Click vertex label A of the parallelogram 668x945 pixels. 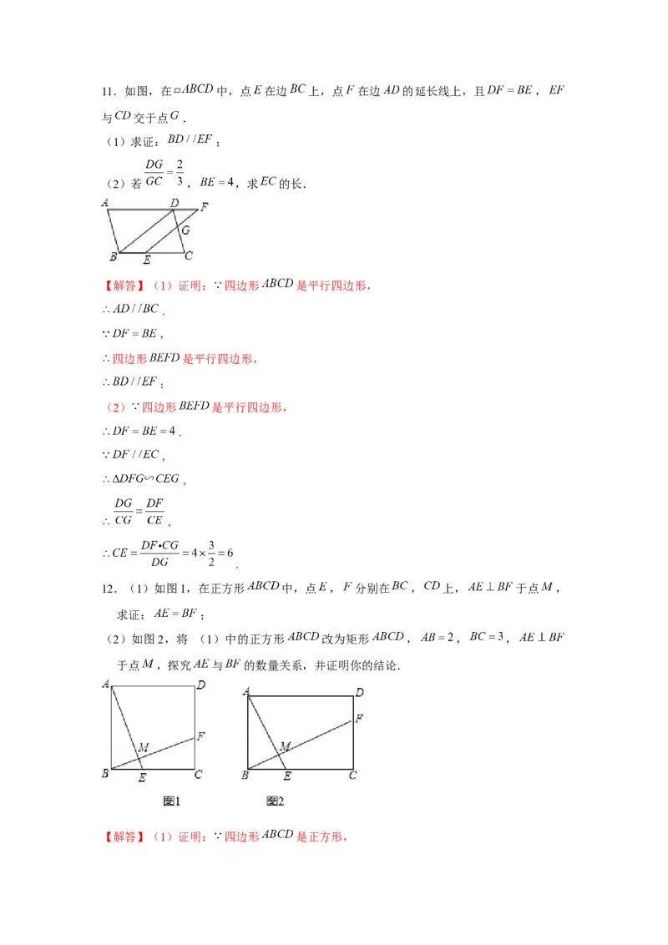click(x=106, y=201)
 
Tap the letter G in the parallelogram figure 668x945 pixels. click(x=185, y=229)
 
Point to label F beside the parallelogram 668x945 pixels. click(x=205, y=205)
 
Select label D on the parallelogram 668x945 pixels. click(x=174, y=202)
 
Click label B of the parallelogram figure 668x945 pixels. click(x=113, y=256)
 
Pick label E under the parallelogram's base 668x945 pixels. click(x=147, y=260)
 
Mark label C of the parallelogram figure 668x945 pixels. click(x=189, y=255)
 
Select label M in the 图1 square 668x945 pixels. click(x=143, y=745)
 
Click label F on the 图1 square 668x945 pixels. click(x=200, y=735)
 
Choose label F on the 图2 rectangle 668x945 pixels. click(x=359, y=717)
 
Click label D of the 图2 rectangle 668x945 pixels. click(x=359, y=692)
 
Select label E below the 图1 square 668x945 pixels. click(x=142, y=777)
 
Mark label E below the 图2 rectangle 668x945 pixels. click(x=287, y=777)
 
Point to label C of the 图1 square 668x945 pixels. click(x=198, y=775)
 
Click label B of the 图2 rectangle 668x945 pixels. click(x=244, y=776)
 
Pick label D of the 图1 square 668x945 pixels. click(x=200, y=686)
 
